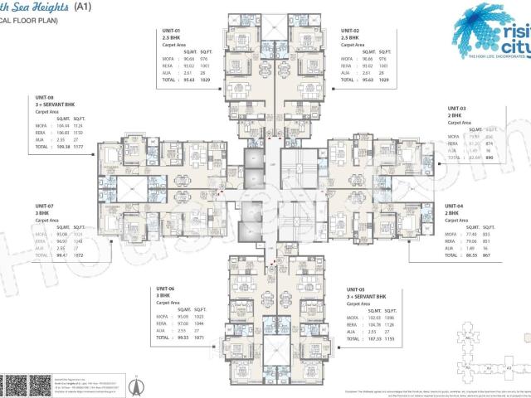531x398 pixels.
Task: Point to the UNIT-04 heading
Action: [456, 206]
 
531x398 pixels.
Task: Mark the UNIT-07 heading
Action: [45, 206]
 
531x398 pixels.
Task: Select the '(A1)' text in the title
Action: [84, 6]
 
